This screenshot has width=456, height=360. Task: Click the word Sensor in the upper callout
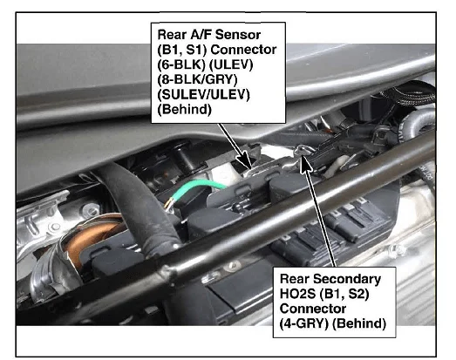click(238, 35)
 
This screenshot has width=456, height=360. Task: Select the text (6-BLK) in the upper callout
click(181, 65)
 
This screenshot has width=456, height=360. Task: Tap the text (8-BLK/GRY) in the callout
click(197, 79)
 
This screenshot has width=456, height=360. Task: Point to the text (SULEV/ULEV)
click(203, 94)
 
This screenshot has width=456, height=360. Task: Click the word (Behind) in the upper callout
click(184, 110)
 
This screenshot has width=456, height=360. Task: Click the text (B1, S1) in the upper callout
click(182, 50)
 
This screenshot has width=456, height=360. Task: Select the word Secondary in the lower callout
click(347, 279)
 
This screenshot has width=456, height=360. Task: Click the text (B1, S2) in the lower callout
click(344, 294)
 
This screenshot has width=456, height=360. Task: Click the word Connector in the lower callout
click(313, 309)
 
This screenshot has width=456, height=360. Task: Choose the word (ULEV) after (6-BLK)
click(231, 65)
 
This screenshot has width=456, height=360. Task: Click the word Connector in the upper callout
click(243, 50)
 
